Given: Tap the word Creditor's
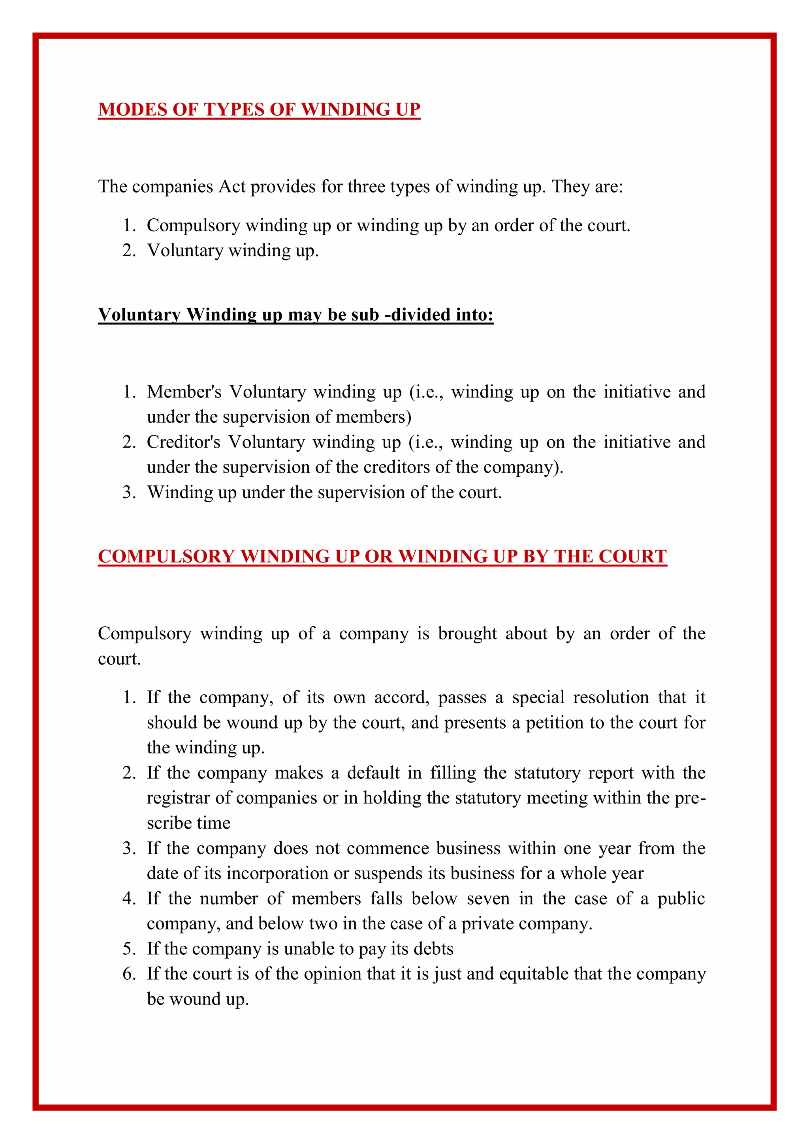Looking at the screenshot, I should [183, 442].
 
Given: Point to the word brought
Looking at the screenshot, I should [467, 634].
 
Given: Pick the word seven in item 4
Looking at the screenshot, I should [488, 899].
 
